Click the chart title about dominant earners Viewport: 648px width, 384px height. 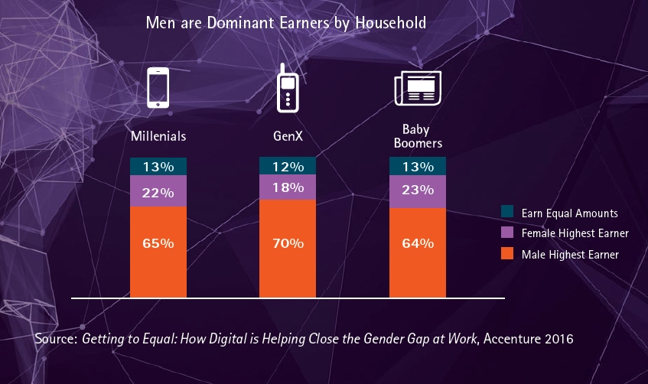tap(285, 24)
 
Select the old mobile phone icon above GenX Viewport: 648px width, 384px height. tap(287, 87)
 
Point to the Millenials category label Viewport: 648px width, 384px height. tap(158, 137)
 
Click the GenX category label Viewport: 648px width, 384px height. tap(288, 137)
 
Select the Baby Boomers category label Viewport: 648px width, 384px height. tap(418, 135)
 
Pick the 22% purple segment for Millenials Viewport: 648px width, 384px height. tap(158, 191)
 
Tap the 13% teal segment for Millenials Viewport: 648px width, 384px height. tap(158, 167)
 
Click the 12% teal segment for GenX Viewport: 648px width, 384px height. tap(288, 166)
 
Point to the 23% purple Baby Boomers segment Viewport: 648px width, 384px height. tap(418, 192)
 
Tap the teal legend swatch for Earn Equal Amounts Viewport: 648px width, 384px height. tap(507, 213)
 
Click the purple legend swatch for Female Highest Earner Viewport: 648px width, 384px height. tap(507, 233)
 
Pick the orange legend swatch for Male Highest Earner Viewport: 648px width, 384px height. tap(507, 254)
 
